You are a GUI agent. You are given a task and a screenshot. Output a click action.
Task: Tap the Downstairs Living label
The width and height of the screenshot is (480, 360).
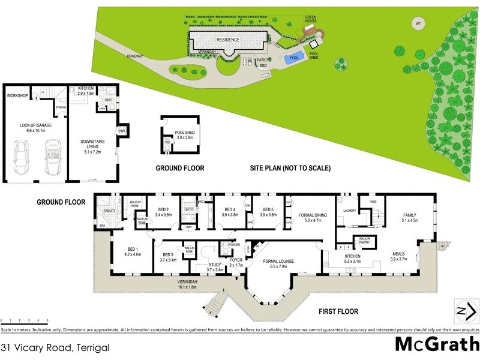pyautogui.click(x=93, y=145)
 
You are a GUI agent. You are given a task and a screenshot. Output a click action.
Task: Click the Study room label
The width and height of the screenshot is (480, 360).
pyautogui.click(x=215, y=267)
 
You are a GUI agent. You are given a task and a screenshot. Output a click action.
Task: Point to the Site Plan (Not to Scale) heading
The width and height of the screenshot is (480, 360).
pyautogui.click(x=290, y=169)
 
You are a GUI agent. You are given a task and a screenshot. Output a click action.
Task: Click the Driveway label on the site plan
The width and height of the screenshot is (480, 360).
pyautogui.click(x=135, y=56)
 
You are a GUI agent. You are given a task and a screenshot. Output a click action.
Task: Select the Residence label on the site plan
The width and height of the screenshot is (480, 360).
pyautogui.click(x=227, y=40)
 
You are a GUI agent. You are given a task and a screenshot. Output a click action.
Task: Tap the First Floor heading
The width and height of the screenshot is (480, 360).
pyautogui.click(x=339, y=311)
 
